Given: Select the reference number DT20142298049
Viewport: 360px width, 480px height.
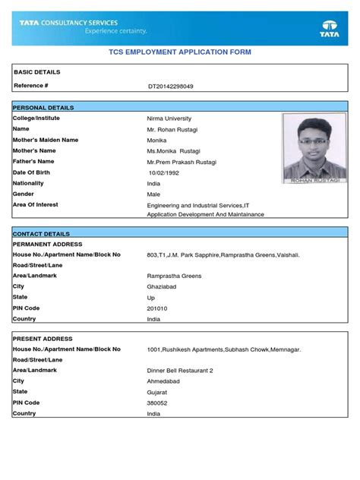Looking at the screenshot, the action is pos(171,87).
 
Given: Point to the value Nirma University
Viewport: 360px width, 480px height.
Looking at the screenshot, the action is pos(169,119).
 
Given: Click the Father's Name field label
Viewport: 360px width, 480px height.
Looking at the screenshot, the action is pos(33,162).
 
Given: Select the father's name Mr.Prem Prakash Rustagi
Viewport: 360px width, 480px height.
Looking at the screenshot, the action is pos(183,162).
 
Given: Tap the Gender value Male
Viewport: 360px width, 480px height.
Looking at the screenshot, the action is pos(154,194).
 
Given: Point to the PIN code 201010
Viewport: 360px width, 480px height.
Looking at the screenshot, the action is pos(157,309).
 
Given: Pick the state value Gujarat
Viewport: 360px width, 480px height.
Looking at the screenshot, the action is pos(158,392).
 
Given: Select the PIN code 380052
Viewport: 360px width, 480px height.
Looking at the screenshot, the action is pos(158,403).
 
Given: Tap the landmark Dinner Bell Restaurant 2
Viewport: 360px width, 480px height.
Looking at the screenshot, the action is pos(181,371).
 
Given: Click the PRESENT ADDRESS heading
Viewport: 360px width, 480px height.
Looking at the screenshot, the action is pos(43,338).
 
